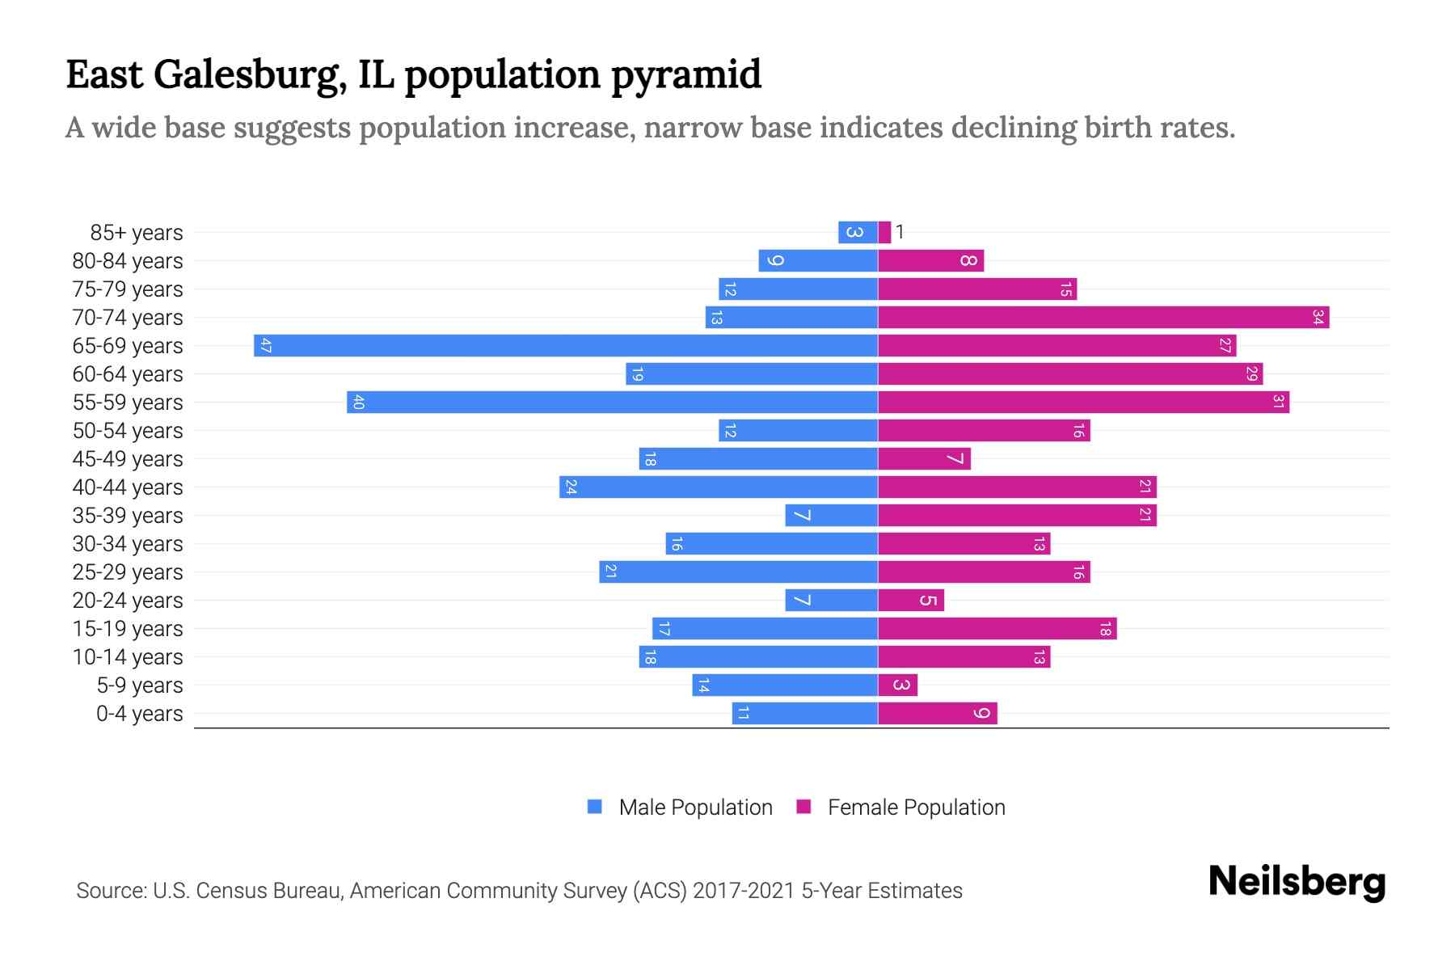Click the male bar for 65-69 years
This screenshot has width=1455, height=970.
pyautogui.click(x=566, y=346)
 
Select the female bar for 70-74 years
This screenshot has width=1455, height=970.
pyautogui.click(x=1103, y=318)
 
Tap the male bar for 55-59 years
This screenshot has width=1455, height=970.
pyautogui.click(x=612, y=403)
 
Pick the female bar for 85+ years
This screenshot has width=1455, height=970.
pyautogui.click(x=884, y=233)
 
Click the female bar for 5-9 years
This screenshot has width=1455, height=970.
pyautogui.click(x=897, y=685)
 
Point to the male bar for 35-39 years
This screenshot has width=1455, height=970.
pyautogui.click(x=831, y=516)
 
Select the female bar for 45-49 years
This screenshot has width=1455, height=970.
pyautogui.click(x=924, y=459)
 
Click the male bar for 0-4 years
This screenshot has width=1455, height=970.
pyautogui.click(x=805, y=714)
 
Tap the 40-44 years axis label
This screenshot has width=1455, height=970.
pyautogui.click(x=128, y=487)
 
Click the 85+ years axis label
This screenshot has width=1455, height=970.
pyautogui.click(x=137, y=233)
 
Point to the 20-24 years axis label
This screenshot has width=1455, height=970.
pyautogui.click(x=128, y=601)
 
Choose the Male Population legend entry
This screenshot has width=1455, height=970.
pyautogui.click(x=680, y=808)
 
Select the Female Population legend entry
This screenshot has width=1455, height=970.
pyautogui.click(x=900, y=808)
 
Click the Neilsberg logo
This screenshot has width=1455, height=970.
pyautogui.click(x=1297, y=882)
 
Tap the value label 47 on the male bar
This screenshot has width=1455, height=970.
pyautogui.click(x=266, y=346)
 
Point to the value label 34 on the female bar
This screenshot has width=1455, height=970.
pyautogui.click(x=1318, y=318)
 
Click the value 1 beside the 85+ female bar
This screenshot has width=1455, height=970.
pyautogui.click(x=900, y=233)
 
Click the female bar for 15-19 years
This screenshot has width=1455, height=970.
pyautogui.click(x=997, y=629)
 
